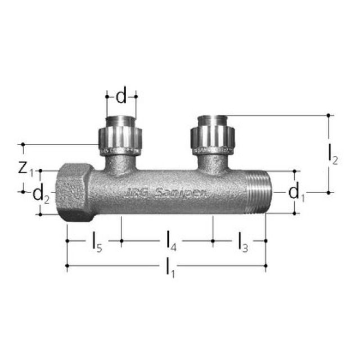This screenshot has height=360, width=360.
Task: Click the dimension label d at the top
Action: [x=121, y=97]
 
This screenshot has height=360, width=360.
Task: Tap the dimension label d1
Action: [x=296, y=192]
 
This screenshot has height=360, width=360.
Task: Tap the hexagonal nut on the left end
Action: [x=73, y=191]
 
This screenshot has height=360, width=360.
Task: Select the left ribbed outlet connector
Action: [x=120, y=137]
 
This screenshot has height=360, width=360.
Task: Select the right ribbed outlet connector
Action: [x=213, y=137]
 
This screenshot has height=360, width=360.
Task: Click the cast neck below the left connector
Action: [x=120, y=164]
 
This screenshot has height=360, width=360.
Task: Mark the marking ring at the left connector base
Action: [x=120, y=151]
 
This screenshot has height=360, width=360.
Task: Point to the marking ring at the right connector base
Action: [x=213, y=151]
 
